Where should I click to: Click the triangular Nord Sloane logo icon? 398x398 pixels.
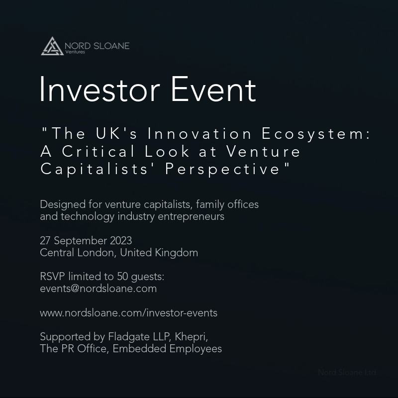click(52, 46)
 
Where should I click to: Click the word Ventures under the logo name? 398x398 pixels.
click(75, 52)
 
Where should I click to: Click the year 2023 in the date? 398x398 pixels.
click(121, 241)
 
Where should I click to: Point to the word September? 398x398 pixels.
click(80, 241)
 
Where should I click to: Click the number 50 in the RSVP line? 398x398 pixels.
click(122, 277)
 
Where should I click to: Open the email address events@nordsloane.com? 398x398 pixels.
click(98, 289)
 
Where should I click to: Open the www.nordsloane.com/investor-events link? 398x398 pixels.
click(128, 313)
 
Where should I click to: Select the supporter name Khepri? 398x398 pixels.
click(191, 337)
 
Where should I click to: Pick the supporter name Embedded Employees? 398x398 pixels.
click(167, 349)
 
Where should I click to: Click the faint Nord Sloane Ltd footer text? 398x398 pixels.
click(347, 372)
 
